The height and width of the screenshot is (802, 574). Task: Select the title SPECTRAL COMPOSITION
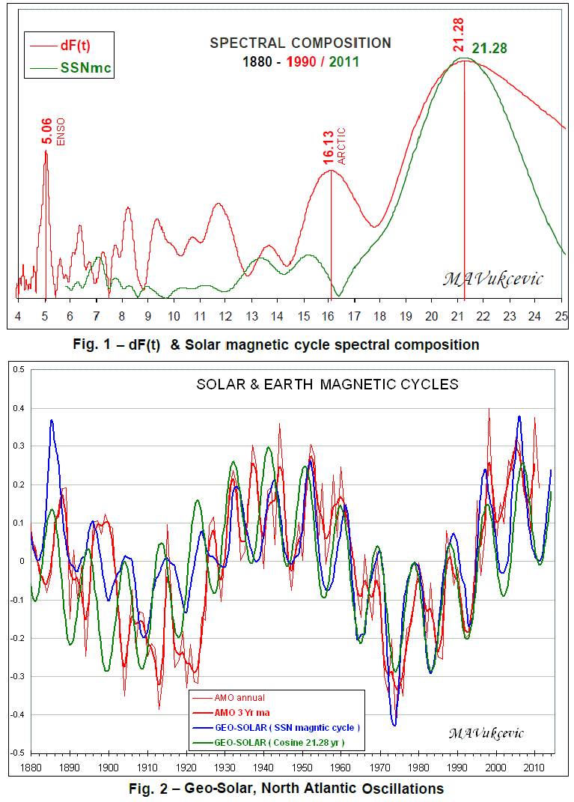pyautogui.click(x=300, y=43)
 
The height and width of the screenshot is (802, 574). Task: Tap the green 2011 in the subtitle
pyautogui.click(x=344, y=61)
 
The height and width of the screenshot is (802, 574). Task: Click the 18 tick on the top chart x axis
pyautogui.click(x=379, y=315)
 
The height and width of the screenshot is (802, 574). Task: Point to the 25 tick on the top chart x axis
pyautogui.click(x=561, y=315)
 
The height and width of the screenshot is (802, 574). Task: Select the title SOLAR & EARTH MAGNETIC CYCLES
pyautogui.click(x=327, y=385)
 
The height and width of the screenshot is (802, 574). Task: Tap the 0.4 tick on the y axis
pyautogui.click(x=18, y=408)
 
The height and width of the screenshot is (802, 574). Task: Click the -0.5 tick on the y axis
pyautogui.click(x=16, y=752)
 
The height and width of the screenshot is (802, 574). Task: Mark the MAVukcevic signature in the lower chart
pyautogui.click(x=486, y=732)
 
